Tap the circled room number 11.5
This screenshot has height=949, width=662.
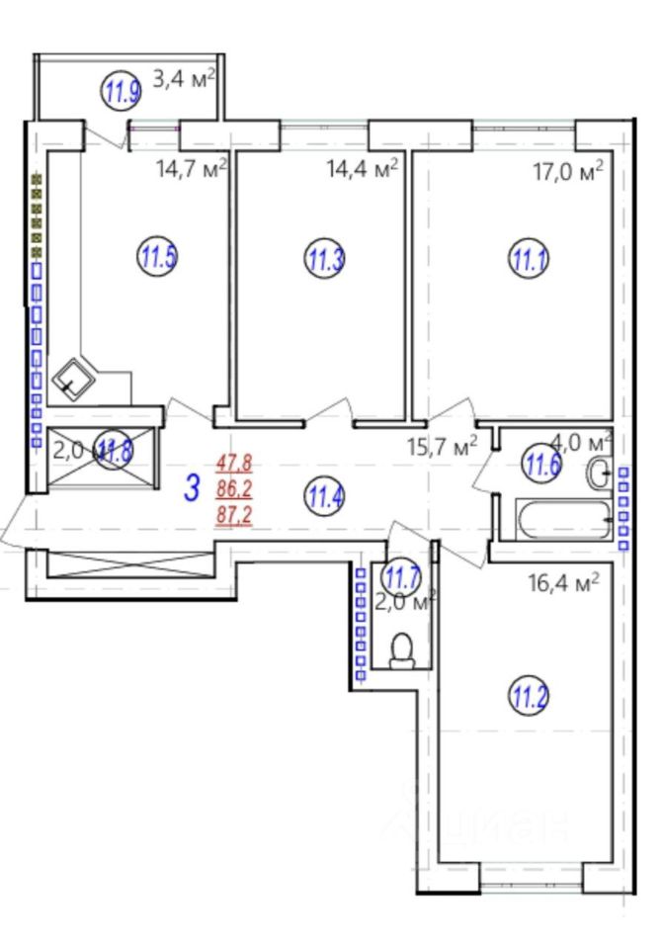click(x=157, y=259)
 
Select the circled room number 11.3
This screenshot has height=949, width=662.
click(x=325, y=260)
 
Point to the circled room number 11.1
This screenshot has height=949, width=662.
click(x=529, y=260)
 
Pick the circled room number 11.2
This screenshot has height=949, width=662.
click(x=529, y=700)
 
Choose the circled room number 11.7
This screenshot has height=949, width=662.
click(x=402, y=572)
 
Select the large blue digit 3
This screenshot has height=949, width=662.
click(x=194, y=488)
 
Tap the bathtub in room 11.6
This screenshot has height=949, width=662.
click(x=562, y=519)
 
